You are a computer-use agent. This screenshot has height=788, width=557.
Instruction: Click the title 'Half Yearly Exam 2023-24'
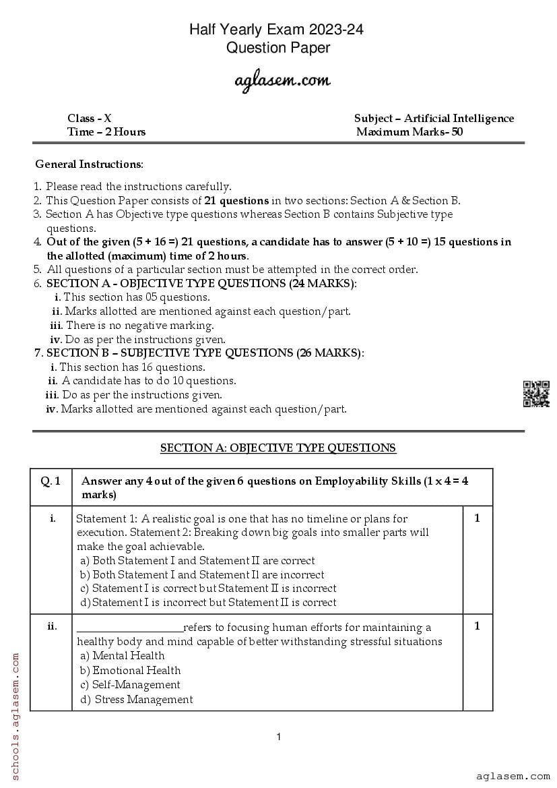tap(278, 30)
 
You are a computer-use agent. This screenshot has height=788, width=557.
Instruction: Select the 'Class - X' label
tap(90, 119)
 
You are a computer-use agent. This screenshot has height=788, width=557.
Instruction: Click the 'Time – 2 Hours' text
tap(106, 132)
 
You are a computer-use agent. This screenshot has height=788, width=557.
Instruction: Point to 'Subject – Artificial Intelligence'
tap(434, 119)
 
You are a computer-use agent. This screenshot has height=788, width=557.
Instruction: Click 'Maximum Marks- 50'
tap(409, 132)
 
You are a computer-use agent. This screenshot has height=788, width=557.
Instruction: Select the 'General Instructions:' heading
tap(89, 164)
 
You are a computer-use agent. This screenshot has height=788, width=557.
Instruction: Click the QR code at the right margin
tap(536, 394)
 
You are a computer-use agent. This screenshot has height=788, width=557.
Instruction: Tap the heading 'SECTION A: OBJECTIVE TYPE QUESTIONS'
tap(278, 448)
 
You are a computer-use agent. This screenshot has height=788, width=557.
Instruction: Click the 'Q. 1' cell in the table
tap(51, 481)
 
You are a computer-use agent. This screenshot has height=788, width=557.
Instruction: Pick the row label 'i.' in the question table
tap(52, 518)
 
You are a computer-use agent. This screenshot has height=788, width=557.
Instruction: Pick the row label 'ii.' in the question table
tap(52, 626)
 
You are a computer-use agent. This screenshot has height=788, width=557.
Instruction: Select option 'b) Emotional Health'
tap(130, 671)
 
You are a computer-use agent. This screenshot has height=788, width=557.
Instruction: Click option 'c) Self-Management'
tap(130, 685)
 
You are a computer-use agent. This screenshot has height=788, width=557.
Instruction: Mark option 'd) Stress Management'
tap(136, 700)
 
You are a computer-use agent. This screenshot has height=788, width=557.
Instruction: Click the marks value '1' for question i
tap(477, 518)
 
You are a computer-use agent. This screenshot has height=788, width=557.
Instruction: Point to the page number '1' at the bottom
tap(279, 737)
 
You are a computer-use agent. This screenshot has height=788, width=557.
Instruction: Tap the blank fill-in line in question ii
tap(129, 628)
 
